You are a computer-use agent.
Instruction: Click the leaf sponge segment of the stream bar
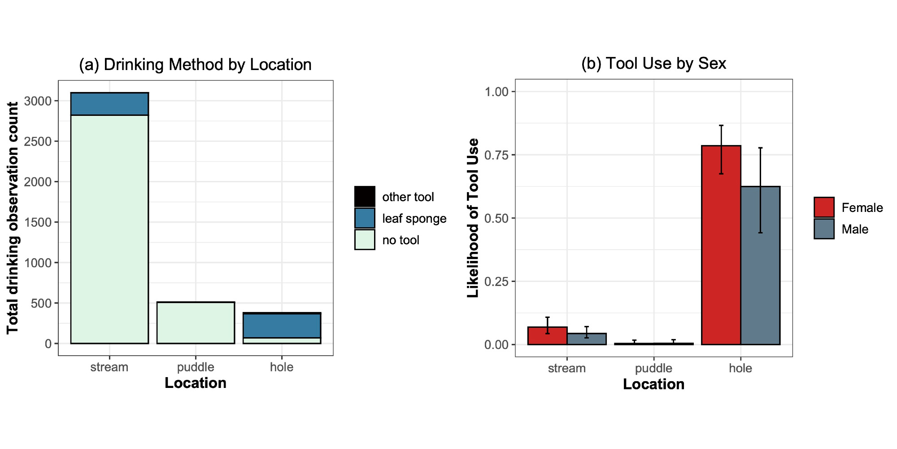click(x=109, y=104)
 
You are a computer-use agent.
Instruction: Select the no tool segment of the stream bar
click(x=109, y=229)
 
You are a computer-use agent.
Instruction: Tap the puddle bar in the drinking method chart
click(x=196, y=323)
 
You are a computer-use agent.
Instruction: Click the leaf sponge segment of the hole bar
click(x=282, y=326)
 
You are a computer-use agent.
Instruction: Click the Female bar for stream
click(x=547, y=336)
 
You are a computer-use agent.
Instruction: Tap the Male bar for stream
click(x=587, y=339)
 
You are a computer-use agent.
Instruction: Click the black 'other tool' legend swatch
click(x=365, y=197)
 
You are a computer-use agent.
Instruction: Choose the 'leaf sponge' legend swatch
click(x=365, y=218)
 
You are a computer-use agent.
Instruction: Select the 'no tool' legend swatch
click(x=365, y=240)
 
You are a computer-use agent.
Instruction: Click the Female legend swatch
click(x=824, y=207)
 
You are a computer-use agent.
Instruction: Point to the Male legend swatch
click(x=824, y=229)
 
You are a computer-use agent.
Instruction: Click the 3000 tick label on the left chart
click(x=38, y=101)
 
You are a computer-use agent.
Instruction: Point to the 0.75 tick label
click(x=496, y=155)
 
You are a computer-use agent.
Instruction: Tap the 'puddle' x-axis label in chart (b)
click(x=653, y=368)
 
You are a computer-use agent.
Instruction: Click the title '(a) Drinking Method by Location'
click(x=195, y=65)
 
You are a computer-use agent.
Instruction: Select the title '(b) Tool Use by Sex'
click(x=653, y=64)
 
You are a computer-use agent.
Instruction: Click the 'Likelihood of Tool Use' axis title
click(x=473, y=218)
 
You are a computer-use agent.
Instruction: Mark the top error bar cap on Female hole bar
click(x=721, y=126)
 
